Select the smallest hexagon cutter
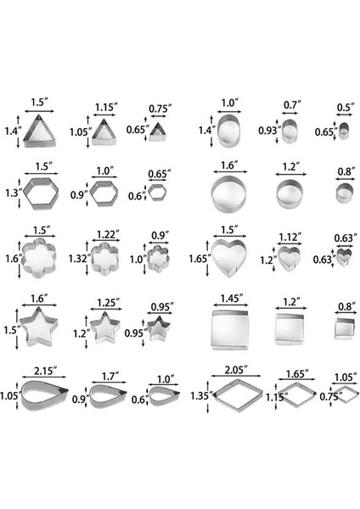(159, 194)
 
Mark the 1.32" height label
(76, 259)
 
